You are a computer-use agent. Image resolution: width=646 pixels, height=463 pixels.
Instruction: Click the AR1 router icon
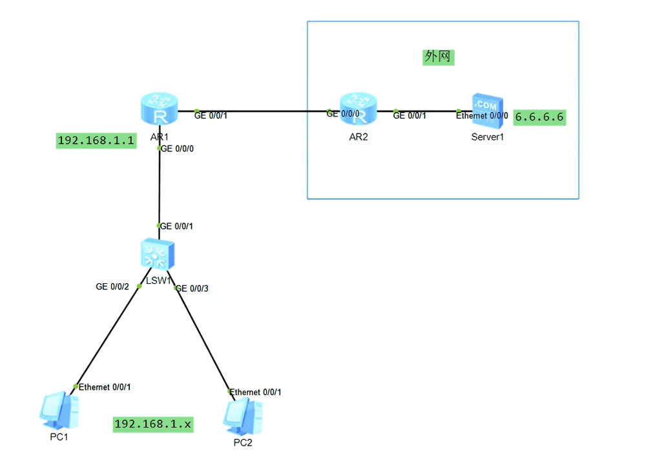tap(159, 109)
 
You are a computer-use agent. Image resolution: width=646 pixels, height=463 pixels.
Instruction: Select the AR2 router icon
tap(358, 109)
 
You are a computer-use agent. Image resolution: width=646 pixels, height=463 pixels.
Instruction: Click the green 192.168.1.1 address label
tap(96, 140)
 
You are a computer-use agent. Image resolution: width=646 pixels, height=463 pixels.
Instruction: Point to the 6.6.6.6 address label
tap(540, 118)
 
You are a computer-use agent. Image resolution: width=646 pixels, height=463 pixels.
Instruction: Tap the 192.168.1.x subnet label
tap(153, 424)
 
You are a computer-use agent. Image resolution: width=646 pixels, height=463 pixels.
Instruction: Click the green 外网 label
tap(438, 57)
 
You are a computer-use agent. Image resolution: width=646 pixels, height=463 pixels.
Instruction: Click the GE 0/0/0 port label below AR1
tap(178, 148)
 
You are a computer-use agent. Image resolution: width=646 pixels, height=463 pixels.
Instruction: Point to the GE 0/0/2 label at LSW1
tap(112, 286)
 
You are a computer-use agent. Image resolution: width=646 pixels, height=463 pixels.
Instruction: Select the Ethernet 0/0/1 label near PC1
tap(105, 387)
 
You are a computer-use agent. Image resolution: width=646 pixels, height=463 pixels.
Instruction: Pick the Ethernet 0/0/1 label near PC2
tap(256, 392)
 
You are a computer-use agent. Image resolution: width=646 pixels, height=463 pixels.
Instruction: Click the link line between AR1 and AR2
tap(271, 111)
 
